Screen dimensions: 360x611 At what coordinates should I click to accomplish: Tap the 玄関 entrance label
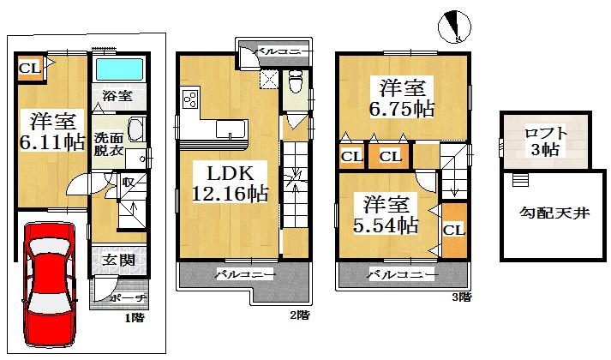(x=113, y=260)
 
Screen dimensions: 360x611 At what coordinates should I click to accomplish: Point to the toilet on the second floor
(x=294, y=83)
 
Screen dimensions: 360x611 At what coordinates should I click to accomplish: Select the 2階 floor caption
(x=299, y=315)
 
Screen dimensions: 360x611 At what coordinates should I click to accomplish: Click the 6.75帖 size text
(x=401, y=109)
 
